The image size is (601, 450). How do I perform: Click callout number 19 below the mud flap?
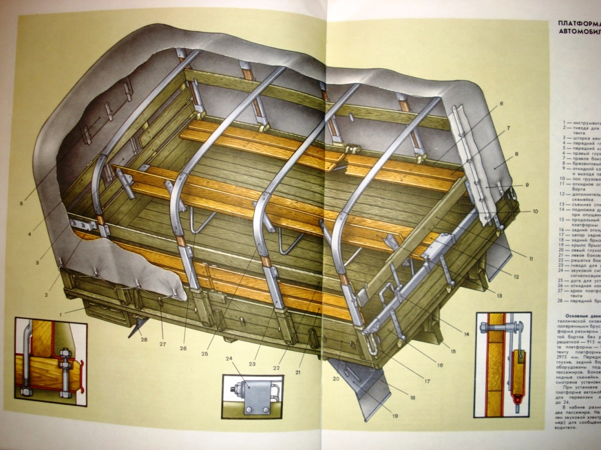pyautogui.click(x=394, y=417)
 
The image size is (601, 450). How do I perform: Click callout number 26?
pyautogui.click(x=183, y=349)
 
